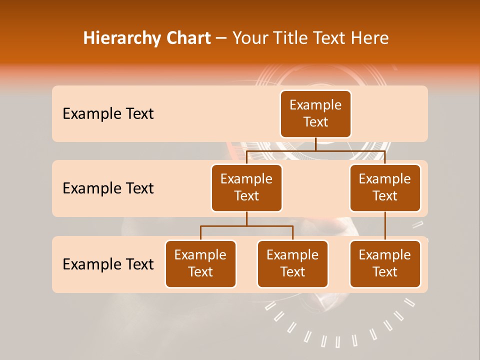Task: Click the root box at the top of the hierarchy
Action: pos(315,114)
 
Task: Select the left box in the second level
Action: pos(246,188)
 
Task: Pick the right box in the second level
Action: pos(385,188)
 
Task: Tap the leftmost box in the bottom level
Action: pos(200,264)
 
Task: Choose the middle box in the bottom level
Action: pos(292,264)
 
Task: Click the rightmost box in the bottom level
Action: pos(385,264)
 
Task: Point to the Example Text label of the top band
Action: pos(108,114)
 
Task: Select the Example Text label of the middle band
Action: pos(108,188)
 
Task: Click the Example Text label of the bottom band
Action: pos(108,264)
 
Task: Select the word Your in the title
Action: pos(250,38)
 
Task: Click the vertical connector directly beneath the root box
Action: pos(315,144)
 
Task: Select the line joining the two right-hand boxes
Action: pos(385,226)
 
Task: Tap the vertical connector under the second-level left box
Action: pos(246,219)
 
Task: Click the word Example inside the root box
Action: pos(315,105)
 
